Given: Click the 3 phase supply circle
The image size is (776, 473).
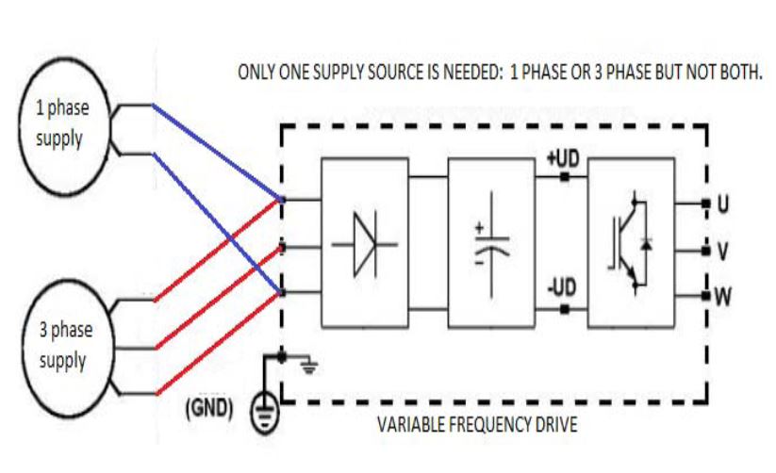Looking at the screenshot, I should [62, 346].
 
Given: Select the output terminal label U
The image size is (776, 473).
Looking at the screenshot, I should [724, 204].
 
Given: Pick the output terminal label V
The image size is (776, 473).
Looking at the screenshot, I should [724, 252].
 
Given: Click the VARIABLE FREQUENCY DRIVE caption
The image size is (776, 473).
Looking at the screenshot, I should [477, 424].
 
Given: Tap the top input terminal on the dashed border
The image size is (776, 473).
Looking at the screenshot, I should [282, 200].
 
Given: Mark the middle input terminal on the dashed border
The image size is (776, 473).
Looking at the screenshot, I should [282, 250].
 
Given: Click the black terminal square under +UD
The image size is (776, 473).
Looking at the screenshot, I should [565, 176].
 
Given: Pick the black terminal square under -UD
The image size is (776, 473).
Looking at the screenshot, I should [565, 306].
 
